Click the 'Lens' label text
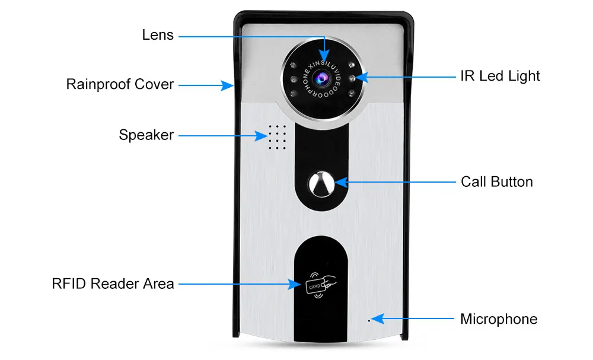158,35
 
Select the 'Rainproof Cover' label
120,84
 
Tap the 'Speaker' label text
146,135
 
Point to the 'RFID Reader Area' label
113,283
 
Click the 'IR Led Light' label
500,76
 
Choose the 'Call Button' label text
496,182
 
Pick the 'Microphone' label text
499,319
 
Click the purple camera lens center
322,78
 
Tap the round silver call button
321,184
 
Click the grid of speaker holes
277,137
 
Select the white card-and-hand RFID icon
321,285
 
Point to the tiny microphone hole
369,321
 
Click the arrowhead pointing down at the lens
324,55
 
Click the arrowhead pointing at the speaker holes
260,136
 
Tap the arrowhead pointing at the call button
342,182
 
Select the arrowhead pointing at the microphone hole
378,319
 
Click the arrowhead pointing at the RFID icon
295,284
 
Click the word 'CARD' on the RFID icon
315,286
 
